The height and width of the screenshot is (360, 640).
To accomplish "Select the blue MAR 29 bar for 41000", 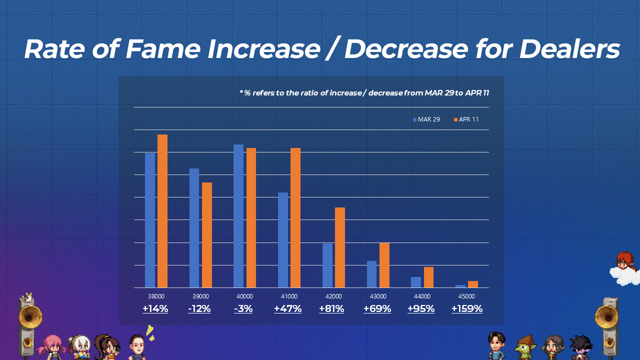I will point(283,240).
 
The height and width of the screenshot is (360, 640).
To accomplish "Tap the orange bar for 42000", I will point(340,247).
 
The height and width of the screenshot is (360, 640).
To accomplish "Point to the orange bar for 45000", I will point(473,284).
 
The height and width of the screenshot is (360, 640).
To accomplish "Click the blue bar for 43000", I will point(371,274).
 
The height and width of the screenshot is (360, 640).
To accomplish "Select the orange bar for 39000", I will point(207,235).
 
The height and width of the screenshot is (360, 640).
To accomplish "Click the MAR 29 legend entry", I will point(426,119).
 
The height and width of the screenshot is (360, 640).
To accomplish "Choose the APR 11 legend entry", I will point(466,119).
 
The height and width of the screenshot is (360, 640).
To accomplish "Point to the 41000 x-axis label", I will point(288,296).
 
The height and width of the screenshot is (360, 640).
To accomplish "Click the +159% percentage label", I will point(467,309).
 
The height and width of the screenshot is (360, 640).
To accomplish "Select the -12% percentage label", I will point(199,309).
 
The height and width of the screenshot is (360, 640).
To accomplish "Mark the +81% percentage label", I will point(331,309).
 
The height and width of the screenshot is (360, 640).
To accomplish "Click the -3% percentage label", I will point(243,309).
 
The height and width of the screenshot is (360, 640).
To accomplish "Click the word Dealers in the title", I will point(569,49).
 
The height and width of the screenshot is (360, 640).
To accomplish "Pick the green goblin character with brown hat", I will point(525,347).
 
